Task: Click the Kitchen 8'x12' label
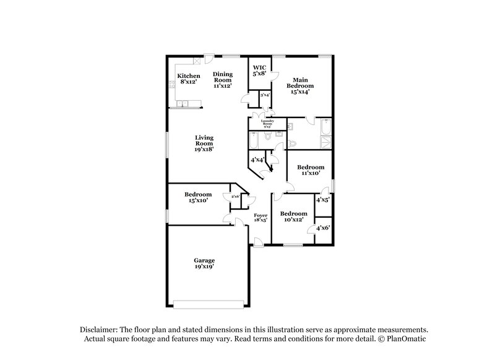(189, 79)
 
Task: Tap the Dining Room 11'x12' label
(223, 80)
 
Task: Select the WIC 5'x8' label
(259, 71)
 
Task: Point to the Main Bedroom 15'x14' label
(300, 85)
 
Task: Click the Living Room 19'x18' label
(204, 144)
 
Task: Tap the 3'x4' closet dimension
(264, 95)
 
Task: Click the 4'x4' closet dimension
(257, 160)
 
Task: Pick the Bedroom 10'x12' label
(295, 217)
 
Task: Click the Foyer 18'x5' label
(261, 217)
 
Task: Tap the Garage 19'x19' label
(204, 264)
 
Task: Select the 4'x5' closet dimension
(323, 200)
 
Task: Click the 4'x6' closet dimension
(323, 228)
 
